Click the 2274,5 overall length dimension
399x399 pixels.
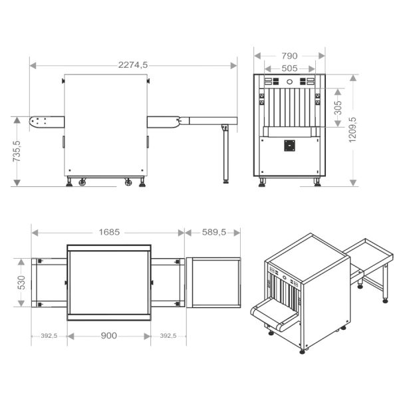[133, 65]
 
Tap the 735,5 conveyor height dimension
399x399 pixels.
[17, 151]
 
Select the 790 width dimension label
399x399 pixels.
[289, 56]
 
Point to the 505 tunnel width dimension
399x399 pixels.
[289, 68]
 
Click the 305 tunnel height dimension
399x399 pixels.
[338, 108]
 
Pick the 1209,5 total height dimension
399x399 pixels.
[353, 130]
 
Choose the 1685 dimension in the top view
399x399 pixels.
[109, 232]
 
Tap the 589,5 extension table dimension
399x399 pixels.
[214, 232]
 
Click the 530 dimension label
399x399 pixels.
[21, 283]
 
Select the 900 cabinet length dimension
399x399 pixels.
[109, 336]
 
